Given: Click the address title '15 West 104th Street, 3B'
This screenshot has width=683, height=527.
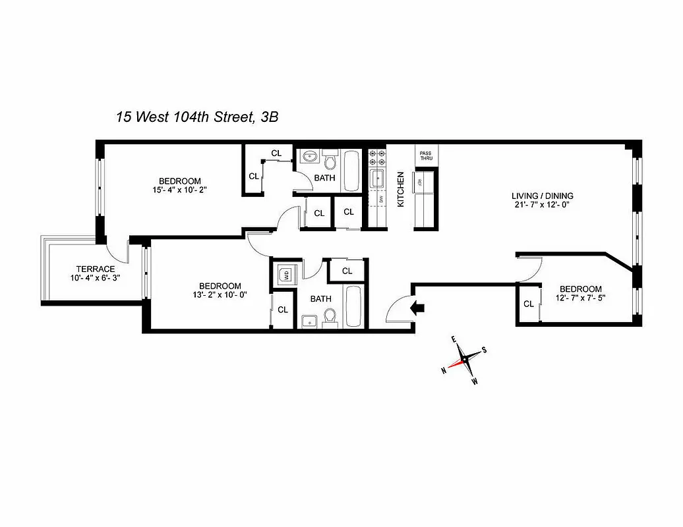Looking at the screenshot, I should click(x=197, y=118).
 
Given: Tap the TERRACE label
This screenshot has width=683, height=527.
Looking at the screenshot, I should click(x=96, y=269).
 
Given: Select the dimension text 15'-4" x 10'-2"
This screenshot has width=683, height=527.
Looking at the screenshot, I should click(x=179, y=191).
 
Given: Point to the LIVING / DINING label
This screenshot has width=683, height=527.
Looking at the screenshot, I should click(x=543, y=196).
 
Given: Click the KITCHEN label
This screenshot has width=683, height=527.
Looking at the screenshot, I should click(x=400, y=190).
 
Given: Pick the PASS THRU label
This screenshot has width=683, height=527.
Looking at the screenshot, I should click(x=425, y=156).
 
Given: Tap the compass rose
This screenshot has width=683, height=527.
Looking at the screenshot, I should click(x=465, y=359).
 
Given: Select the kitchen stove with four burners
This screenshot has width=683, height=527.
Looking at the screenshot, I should click(x=377, y=157).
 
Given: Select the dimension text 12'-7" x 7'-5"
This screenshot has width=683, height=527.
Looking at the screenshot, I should click(x=580, y=299).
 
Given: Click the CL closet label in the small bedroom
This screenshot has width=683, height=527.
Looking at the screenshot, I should click(x=528, y=304).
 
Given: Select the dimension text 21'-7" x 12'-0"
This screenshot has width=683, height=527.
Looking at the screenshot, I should click(x=543, y=205).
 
